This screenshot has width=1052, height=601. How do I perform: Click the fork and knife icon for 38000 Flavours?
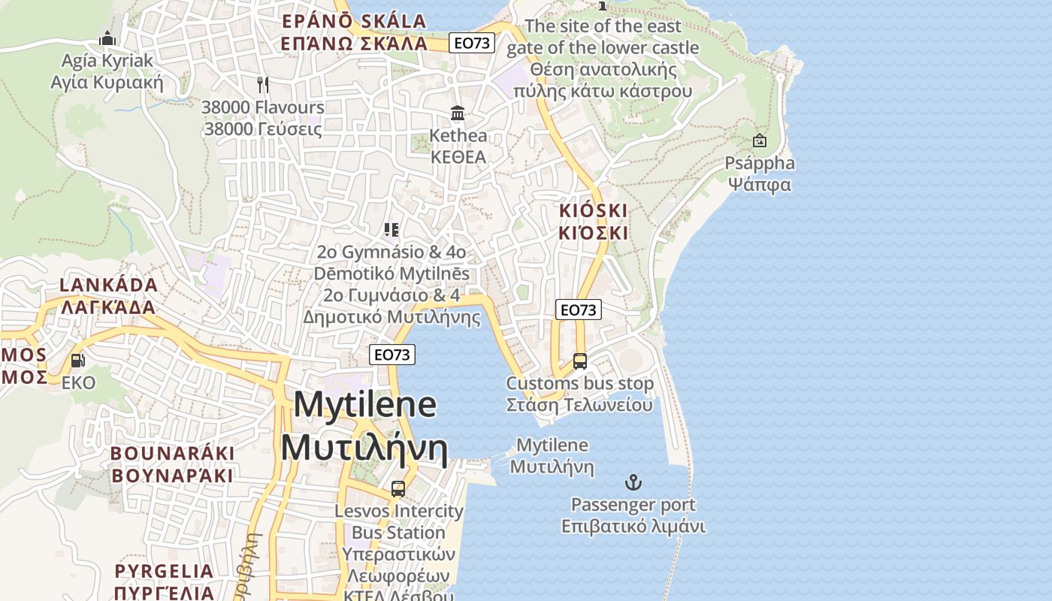click(262, 84)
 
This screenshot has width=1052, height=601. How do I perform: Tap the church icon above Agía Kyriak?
click(107, 38)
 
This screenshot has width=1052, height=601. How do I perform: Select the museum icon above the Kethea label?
click(457, 113)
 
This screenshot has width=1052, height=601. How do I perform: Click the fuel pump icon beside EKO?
click(77, 361)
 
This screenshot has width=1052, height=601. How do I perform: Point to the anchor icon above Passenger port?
click(633, 482)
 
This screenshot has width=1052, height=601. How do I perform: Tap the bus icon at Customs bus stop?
click(579, 361)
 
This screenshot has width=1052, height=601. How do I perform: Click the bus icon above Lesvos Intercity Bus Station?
click(398, 489)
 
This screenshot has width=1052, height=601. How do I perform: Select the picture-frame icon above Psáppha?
click(759, 140)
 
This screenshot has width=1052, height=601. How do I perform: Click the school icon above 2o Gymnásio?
click(391, 230)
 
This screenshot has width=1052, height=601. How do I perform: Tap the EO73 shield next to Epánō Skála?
click(471, 43)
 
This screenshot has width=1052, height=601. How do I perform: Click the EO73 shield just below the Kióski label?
click(579, 310)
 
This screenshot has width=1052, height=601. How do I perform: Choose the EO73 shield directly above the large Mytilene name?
click(392, 355)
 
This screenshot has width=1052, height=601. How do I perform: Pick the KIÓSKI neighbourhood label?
click(593, 222)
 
